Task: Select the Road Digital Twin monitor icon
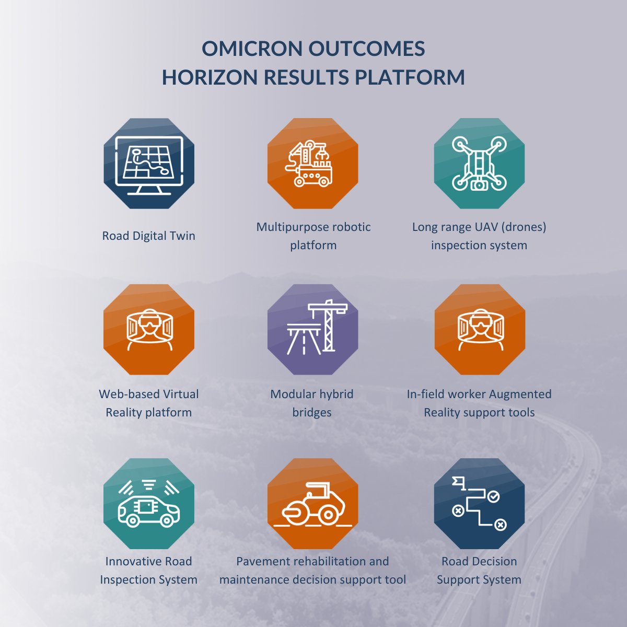point(149,164)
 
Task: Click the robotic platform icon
point(312,164)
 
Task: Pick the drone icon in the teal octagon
point(479,164)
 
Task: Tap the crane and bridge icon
point(312,329)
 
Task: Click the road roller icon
point(312,505)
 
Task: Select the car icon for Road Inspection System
point(149,505)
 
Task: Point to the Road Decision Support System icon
point(479,505)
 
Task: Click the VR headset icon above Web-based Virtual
point(149,329)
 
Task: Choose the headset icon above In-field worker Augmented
point(479,329)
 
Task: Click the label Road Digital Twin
point(149,236)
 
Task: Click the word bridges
point(312,412)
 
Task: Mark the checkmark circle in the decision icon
point(493,496)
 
